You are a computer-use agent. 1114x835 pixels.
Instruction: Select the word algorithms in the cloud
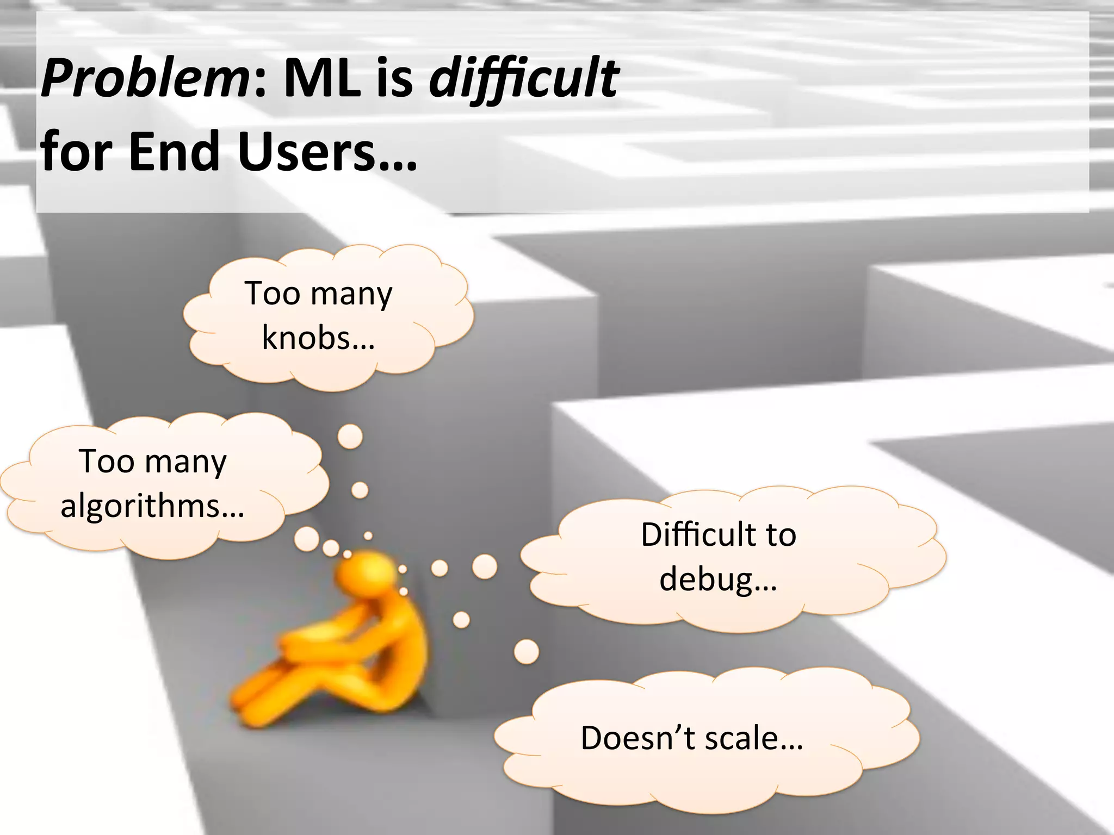point(140,506)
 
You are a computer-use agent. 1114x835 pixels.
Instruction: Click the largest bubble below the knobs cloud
point(350,436)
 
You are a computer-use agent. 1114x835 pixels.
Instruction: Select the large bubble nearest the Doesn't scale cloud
point(526,651)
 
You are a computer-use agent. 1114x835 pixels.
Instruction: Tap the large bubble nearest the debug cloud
point(484,566)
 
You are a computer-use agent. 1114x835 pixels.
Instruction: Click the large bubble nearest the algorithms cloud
point(306,539)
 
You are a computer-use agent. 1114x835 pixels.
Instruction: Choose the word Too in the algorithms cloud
point(106,462)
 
